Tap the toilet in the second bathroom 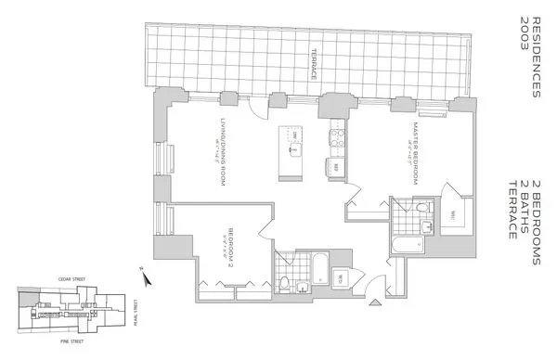pyautogui.click(x=283, y=282)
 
